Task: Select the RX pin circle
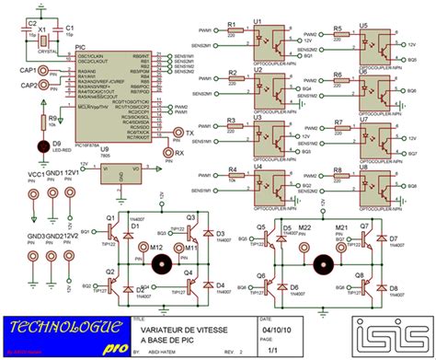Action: coord(167,152)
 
